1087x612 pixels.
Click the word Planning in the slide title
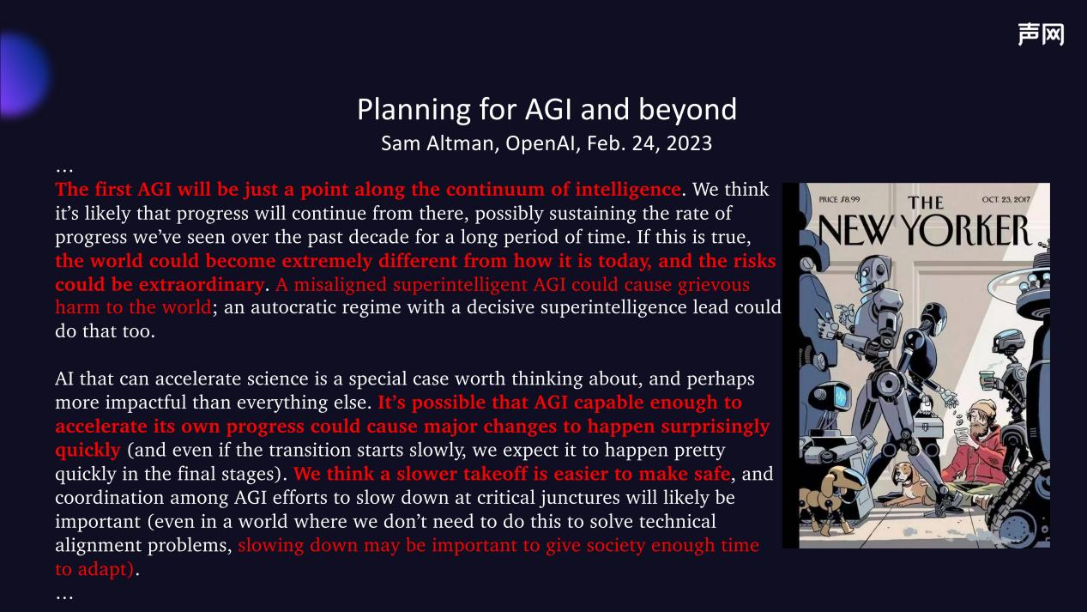tap(414, 110)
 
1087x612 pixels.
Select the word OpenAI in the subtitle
tap(542, 143)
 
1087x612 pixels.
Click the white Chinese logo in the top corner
tap(1041, 34)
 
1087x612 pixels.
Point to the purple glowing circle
tap(21, 75)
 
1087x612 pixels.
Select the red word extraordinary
tap(202, 285)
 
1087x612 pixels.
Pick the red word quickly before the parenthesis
tap(88, 451)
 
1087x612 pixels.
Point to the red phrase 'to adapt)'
tap(94, 569)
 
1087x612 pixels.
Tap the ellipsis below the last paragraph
tap(64, 597)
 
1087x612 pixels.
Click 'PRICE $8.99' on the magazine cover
tap(839, 199)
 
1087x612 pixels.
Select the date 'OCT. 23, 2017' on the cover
tap(1005, 199)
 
